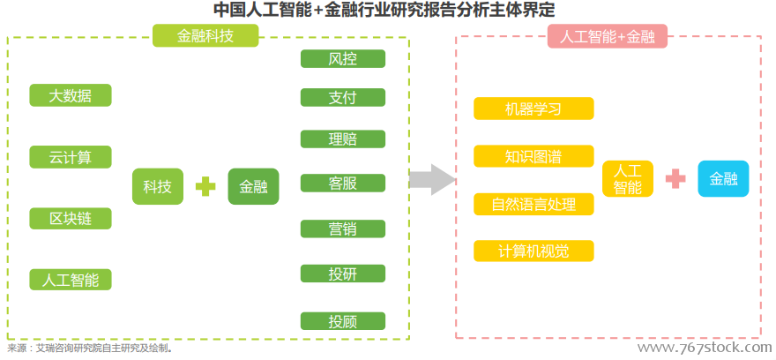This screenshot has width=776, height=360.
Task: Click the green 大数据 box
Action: click(x=71, y=95)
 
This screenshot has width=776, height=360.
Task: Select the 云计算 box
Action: click(x=71, y=157)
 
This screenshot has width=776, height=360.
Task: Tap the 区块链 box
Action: click(x=71, y=218)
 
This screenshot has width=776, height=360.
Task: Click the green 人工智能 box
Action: click(x=71, y=280)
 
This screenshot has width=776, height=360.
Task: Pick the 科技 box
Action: click(x=157, y=187)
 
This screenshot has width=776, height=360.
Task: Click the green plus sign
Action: click(x=205, y=187)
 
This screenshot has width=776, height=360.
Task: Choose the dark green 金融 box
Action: click(x=253, y=187)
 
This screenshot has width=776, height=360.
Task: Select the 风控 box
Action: click(x=342, y=59)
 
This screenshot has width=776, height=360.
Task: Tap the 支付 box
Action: click(x=342, y=98)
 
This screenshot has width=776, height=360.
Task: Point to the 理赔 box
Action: click(x=342, y=139)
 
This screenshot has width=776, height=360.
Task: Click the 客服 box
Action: click(x=342, y=184)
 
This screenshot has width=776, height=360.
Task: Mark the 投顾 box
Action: click(x=342, y=321)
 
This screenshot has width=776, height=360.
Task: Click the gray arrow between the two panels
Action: click(x=431, y=179)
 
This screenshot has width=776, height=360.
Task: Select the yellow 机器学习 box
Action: click(x=533, y=109)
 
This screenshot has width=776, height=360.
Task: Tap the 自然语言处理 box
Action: click(x=533, y=205)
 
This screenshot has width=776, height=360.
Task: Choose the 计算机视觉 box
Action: click(x=533, y=251)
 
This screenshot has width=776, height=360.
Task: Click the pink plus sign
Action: click(x=675, y=179)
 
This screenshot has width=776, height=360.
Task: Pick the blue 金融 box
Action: click(x=724, y=179)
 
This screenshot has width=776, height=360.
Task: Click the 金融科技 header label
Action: click(x=205, y=35)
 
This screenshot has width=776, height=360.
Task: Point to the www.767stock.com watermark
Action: click(x=705, y=347)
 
